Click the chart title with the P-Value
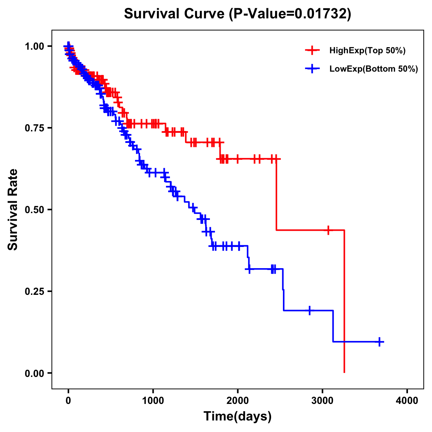[237, 14]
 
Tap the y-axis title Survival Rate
[13, 210]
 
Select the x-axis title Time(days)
[238, 416]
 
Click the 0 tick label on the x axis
[68, 401]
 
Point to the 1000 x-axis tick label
[153, 401]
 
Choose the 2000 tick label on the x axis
[238, 401]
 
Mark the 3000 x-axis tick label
[323, 401]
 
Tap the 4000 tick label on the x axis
[407, 401]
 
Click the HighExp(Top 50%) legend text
[368, 51]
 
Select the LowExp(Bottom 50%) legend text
[374, 69]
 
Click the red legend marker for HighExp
[312, 50]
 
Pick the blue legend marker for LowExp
[312, 68]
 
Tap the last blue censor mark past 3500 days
[379, 342]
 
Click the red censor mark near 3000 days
[328, 230]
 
